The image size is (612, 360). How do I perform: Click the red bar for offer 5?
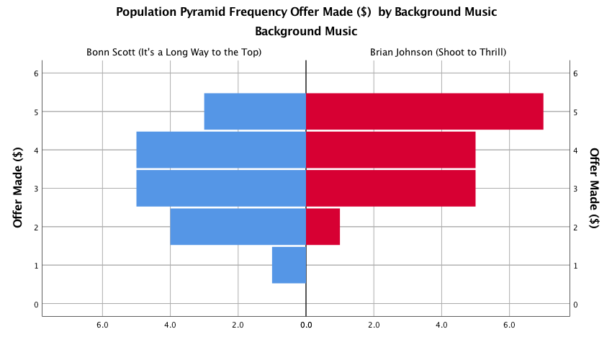[x=425, y=112]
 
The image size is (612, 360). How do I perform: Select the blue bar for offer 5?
[x=255, y=112]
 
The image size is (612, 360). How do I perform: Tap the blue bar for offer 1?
[x=289, y=265]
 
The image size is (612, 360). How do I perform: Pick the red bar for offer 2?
[x=323, y=227]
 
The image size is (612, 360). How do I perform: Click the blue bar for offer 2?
[x=238, y=227]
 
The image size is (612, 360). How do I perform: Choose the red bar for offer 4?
[x=391, y=150]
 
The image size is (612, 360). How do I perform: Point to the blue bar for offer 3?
[x=221, y=189]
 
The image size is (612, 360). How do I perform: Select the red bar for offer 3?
[x=391, y=189]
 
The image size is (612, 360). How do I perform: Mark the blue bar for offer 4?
[x=221, y=150]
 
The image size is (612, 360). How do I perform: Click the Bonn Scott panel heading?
[x=174, y=53]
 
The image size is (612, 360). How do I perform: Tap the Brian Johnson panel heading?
[x=438, y=53]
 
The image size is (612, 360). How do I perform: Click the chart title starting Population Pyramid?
[x=306, y=12]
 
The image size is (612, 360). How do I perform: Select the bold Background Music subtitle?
[x=306, y=32]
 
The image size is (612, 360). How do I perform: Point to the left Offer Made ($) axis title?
[x=19, y=189]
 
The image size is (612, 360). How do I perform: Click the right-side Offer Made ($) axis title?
[x=594, y=189]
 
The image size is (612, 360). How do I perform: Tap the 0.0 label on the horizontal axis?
[x=306, y=325]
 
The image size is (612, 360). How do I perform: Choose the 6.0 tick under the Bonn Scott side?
[x=102, y=325]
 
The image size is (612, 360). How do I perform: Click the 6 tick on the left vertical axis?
[x=35, y=73]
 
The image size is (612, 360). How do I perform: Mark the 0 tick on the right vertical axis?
[x=575, y=304]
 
